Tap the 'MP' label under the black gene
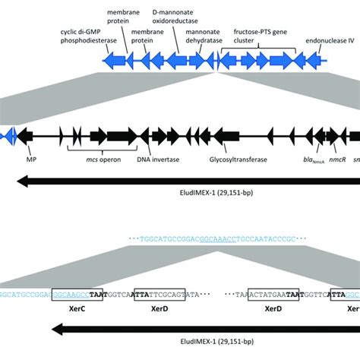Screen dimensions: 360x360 [31, 161]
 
